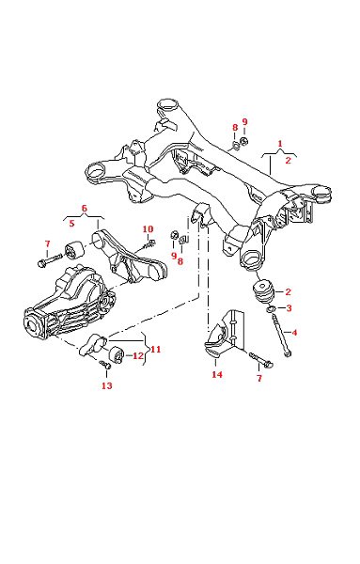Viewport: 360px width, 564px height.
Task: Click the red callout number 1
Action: pos(280,144)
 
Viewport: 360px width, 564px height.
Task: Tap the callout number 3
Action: pos(289,308)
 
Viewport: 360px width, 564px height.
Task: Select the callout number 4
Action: pos(294,333)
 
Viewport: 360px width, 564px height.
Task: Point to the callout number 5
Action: pos(72,224)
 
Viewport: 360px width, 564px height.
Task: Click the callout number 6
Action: pos(85,209)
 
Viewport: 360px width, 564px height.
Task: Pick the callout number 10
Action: pos(148,229)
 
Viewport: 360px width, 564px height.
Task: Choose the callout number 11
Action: pos(156,350)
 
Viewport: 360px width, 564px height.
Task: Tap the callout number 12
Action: pos(138,356)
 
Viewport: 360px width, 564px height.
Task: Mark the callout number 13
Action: pos(107,385)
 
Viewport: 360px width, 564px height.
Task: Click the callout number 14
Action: pos(217,374)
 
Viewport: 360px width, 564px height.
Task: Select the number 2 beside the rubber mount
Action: pos(288,291)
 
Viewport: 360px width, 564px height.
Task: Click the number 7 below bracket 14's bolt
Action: pos(259,378)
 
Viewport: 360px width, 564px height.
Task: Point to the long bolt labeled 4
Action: pos(282,335)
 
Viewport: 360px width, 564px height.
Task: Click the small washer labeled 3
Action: pos(271,308)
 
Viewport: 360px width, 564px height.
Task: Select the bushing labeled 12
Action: pos(117,354)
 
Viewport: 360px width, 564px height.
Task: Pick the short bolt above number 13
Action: pos(105,365)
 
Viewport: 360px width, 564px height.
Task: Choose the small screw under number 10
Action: pos(149,244)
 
